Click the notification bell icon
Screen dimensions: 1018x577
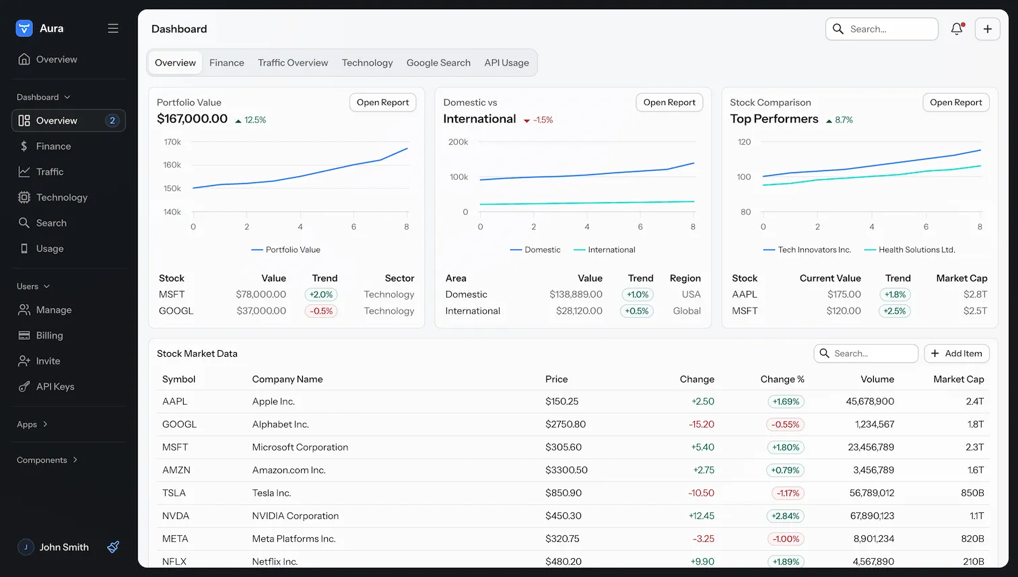[957, 29]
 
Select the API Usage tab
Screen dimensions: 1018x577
[506, 63]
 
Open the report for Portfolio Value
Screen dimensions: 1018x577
[382, 102]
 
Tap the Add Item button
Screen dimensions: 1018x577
[956, 353]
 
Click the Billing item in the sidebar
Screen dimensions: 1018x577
[49, 335]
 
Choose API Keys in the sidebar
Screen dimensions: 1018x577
[55, 386]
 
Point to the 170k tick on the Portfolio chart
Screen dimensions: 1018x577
[172, 142]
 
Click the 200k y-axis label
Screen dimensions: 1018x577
[458, 142]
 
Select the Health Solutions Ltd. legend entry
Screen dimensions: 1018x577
[910, 250]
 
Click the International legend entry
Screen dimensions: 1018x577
[605, 250]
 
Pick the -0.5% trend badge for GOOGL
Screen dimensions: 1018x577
[321, 311]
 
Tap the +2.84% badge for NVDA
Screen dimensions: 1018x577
[785, 516]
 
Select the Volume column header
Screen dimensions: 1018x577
[877, 379]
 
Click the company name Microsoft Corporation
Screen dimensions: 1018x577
[300, 448]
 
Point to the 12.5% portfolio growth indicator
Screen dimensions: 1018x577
[250, 120]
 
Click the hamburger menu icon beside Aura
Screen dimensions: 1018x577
[112, 28]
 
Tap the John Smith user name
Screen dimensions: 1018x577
[64, 547]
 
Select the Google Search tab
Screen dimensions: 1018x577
[438, 63]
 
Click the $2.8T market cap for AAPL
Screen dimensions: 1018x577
[975, 294]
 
